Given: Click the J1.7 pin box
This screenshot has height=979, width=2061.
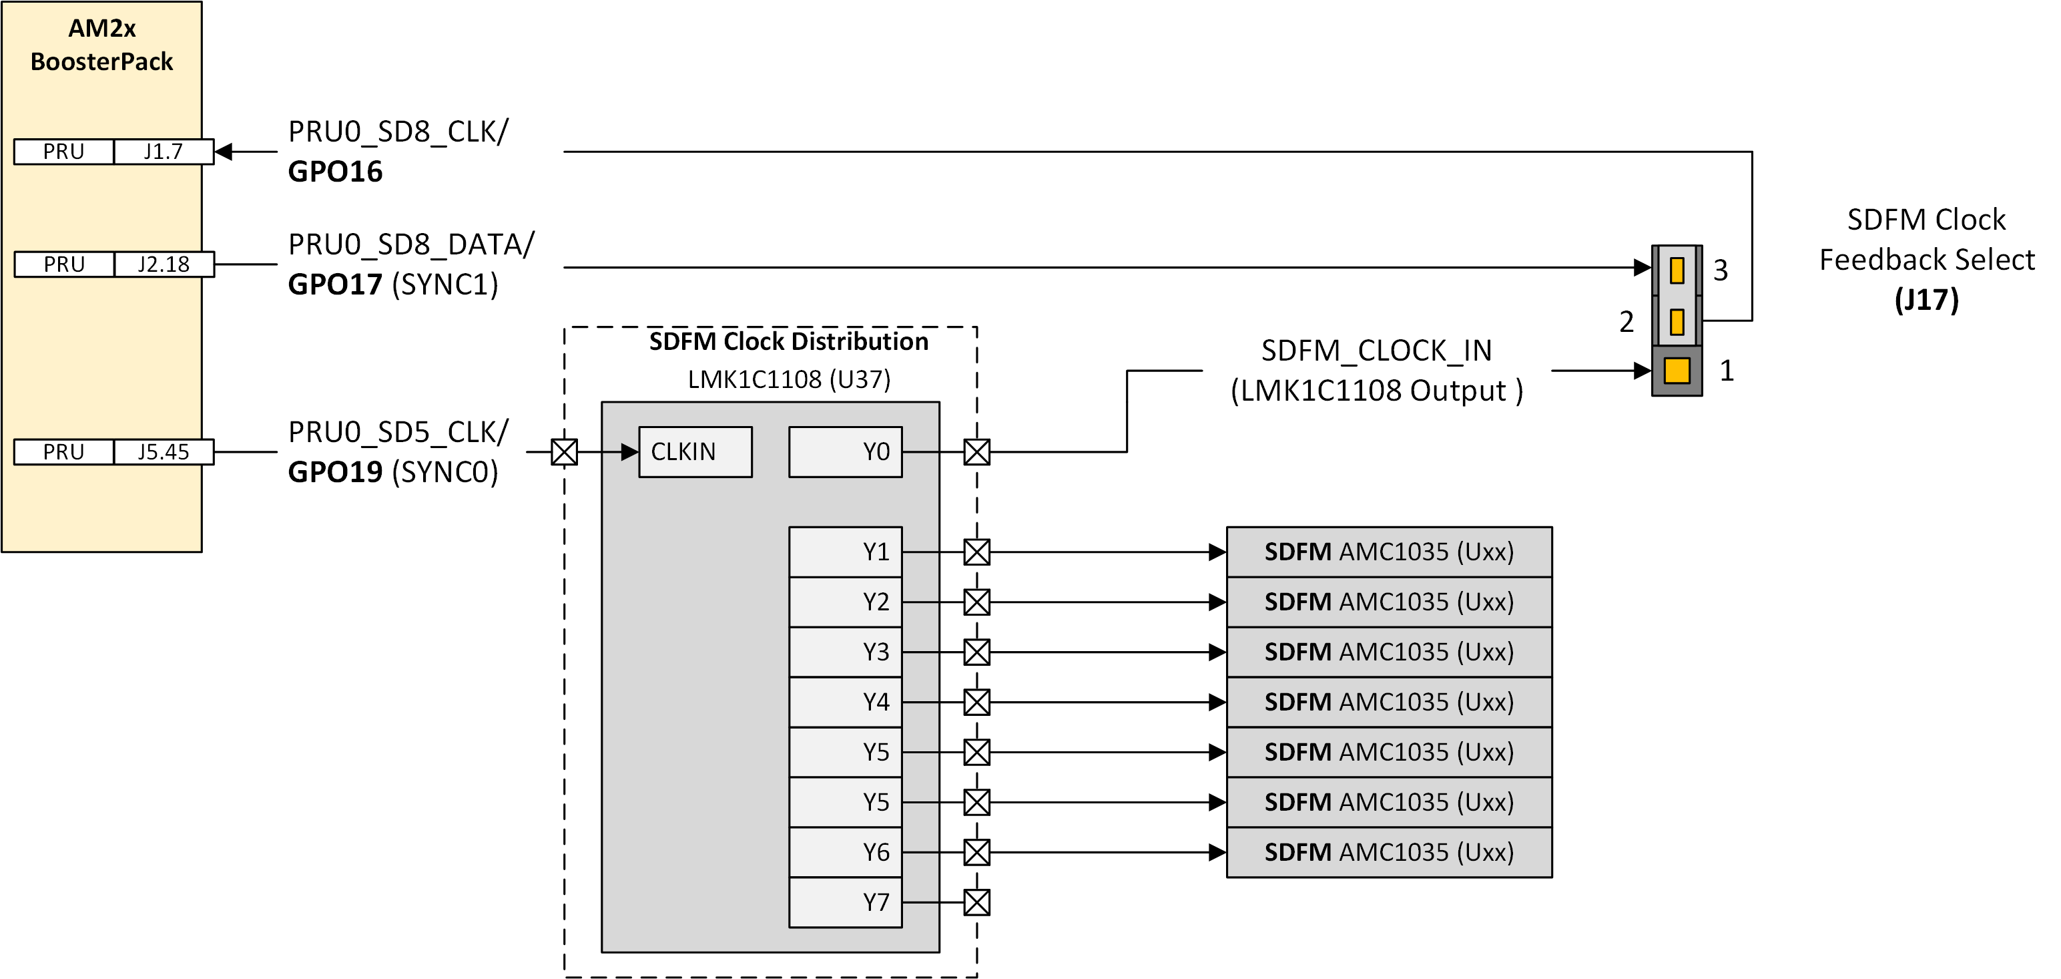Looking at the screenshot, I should [x=164, y=152].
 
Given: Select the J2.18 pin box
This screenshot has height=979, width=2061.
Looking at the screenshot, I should [x=164, y=264].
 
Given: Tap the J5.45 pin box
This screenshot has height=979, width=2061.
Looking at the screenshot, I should [x=164, y=451].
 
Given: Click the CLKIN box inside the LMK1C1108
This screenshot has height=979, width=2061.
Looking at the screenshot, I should [x=695, y=451].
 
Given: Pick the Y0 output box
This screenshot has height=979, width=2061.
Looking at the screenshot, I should [x=845, y=451].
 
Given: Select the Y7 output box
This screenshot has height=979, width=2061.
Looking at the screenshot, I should [x=845, y=902].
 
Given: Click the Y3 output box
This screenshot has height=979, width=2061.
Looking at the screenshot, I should [x=845, y=652].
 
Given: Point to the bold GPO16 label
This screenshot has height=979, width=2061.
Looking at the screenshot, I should [x=335, y=172].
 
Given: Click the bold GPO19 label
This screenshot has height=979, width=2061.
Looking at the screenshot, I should [x=335, y=472].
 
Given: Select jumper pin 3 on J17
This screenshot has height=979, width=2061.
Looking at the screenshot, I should [x=1677, y=270].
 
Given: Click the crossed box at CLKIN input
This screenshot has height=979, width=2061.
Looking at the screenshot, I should [x=564, y=452].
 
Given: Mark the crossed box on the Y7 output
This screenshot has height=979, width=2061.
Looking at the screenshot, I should [x=976, y=902].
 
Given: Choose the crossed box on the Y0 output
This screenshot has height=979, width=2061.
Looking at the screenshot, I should [x=976, y=452].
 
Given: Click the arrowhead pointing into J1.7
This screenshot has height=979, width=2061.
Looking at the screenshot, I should [x=224, y=152].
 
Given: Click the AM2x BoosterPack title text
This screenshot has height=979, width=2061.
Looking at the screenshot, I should [x=101, y=45].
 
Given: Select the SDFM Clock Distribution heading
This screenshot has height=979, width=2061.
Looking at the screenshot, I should [x=788, y=342].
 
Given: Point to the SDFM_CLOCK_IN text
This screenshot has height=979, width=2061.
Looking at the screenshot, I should [x=1376, y=351].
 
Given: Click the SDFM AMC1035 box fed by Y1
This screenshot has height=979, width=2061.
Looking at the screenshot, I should [x=1388, y=552].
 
